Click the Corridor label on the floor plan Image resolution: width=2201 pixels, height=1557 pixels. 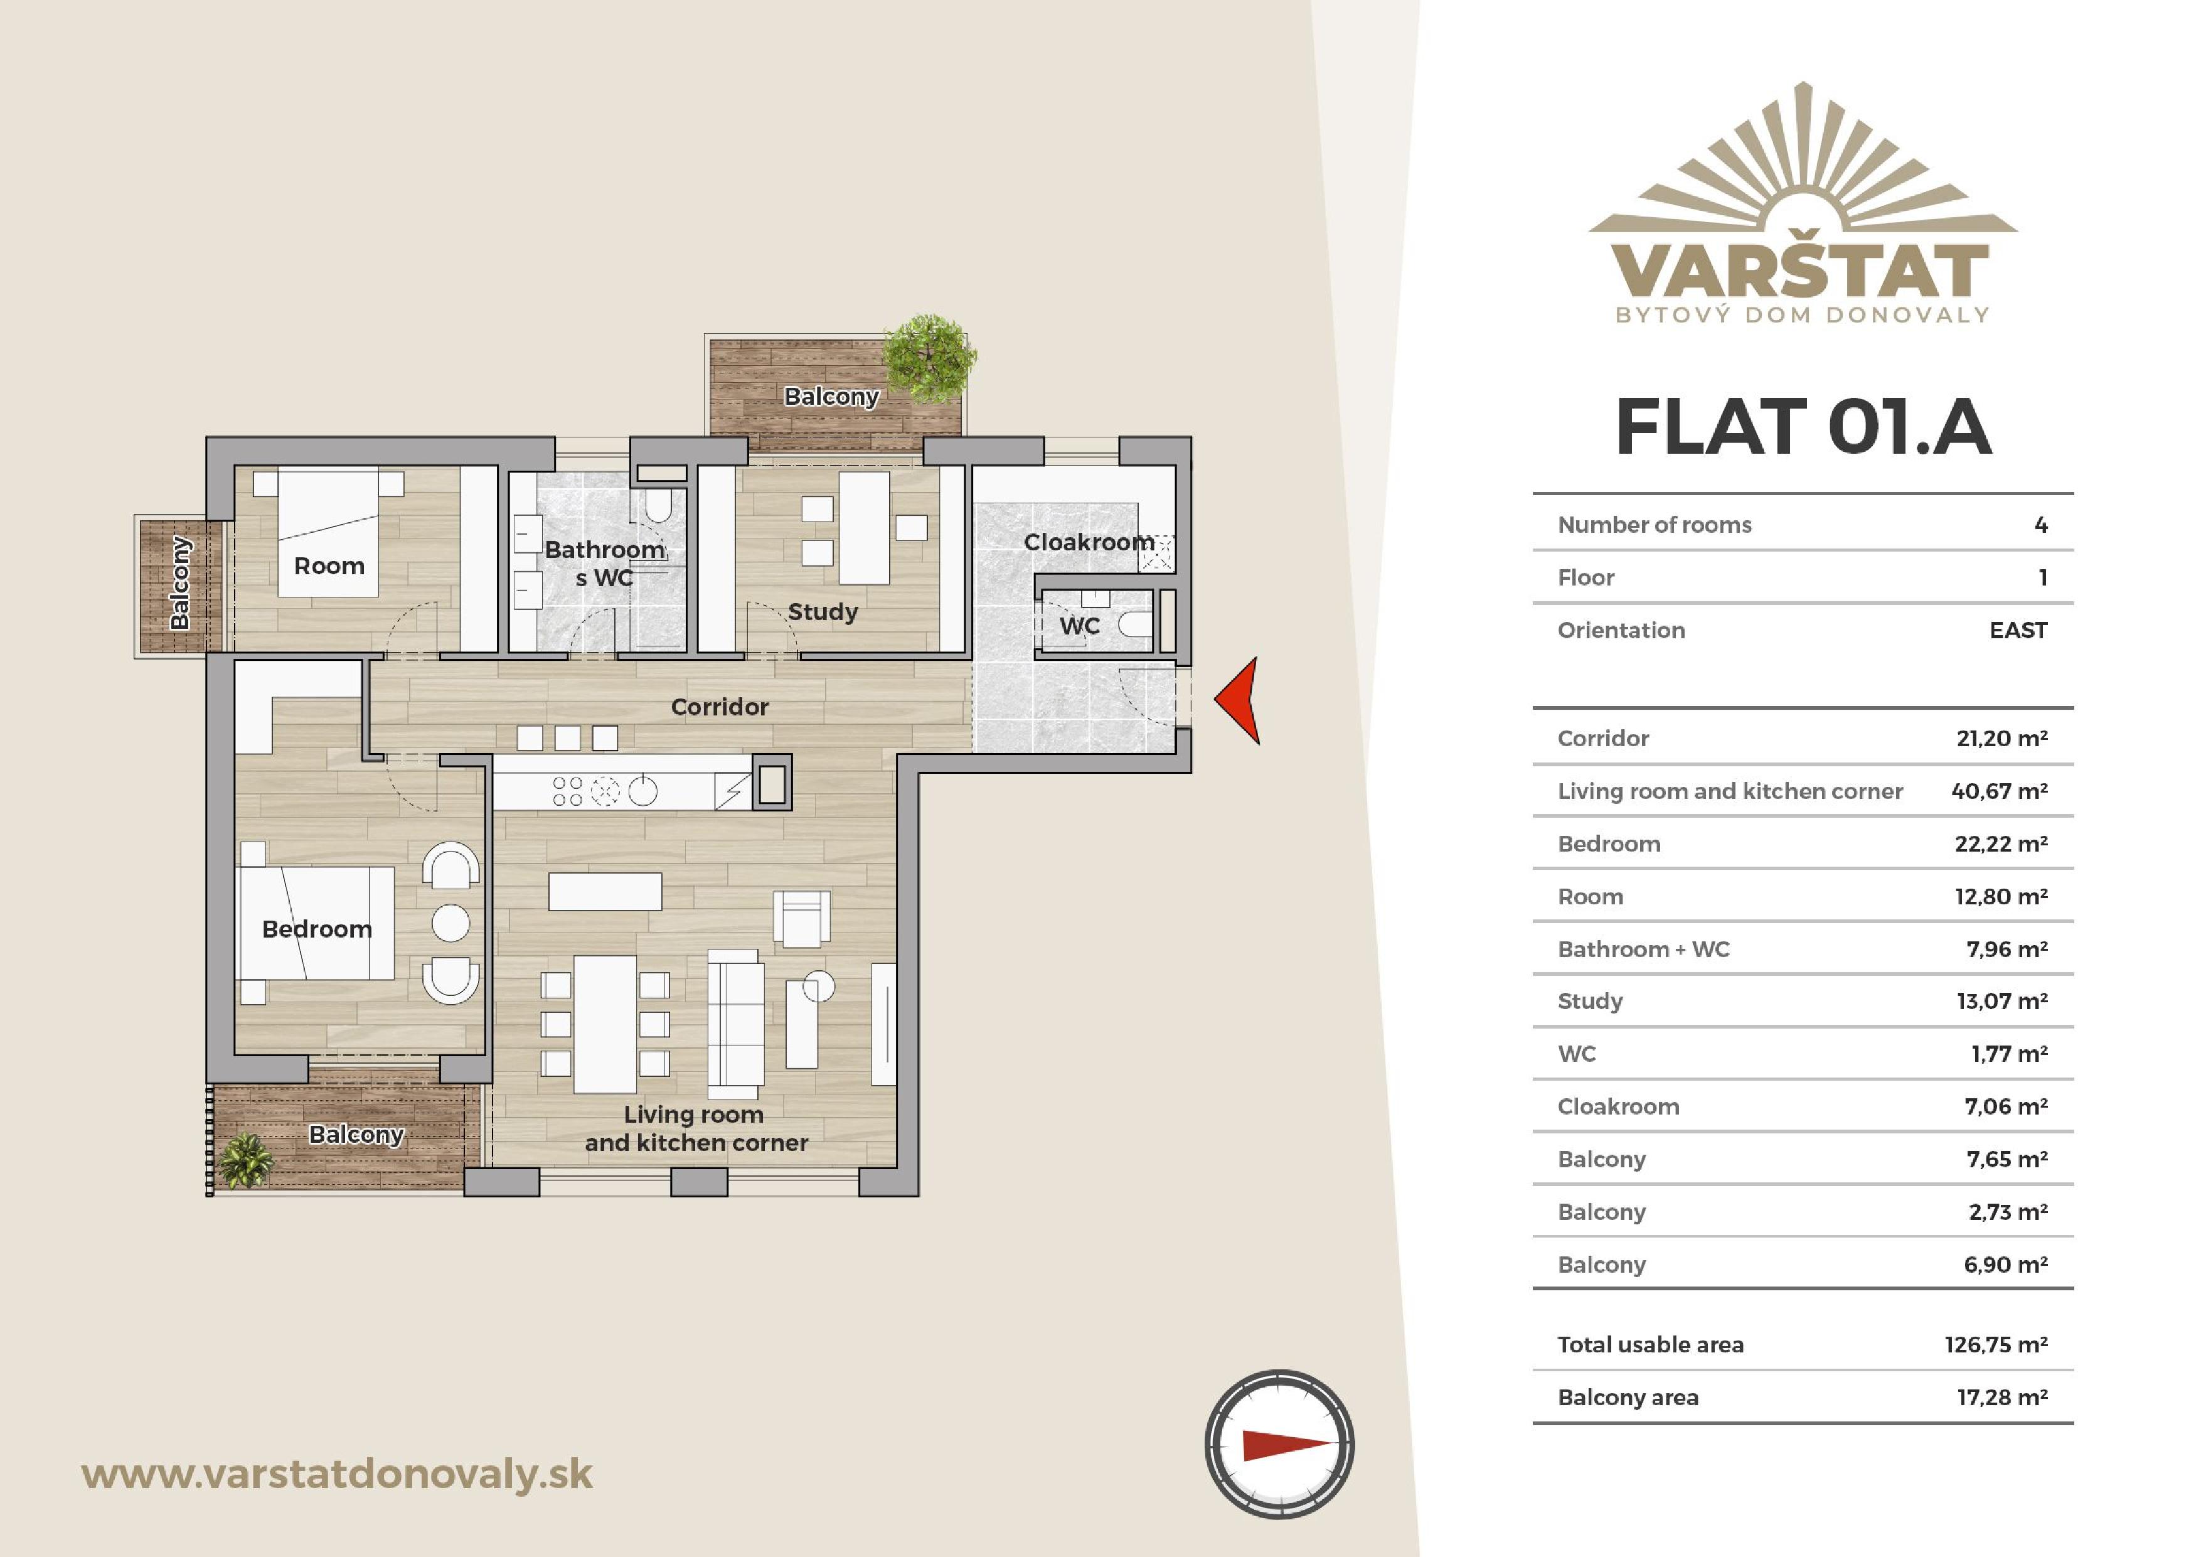(720, 707)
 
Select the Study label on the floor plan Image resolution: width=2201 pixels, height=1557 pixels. (823, 612)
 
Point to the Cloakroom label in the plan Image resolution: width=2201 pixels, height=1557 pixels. (1089, 542)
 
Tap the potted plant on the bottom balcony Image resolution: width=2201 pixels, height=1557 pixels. (247, 1160)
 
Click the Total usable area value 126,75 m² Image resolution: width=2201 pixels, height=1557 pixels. (1996, 1344)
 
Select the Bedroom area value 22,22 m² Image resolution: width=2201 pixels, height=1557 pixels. (2001, 843)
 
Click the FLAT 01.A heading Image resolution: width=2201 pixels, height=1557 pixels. (1803, 427)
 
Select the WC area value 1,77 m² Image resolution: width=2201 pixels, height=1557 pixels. (2009, 1054)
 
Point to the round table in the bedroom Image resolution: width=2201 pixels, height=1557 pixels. (450, 923)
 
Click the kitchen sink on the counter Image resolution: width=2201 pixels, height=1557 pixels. (642, 791)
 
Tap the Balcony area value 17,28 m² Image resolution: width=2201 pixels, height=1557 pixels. (2003, 1397)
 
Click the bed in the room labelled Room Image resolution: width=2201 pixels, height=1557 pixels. (328, 532)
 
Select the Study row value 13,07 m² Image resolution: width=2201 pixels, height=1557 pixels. (2003, 1001)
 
